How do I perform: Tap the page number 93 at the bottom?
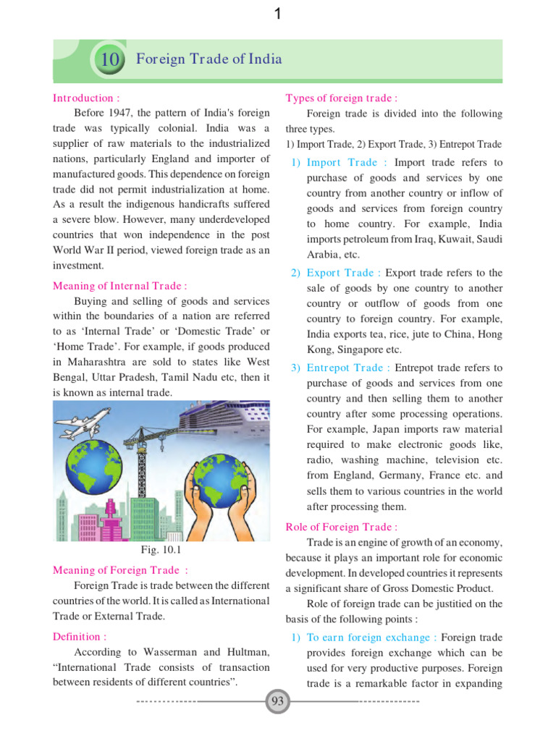click(277, 702)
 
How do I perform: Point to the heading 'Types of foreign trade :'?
click(342, 98)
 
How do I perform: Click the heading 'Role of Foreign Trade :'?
click(342, 528)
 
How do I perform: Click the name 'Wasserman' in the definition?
click(156, 652)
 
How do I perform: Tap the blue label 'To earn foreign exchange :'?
click(371, 638)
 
